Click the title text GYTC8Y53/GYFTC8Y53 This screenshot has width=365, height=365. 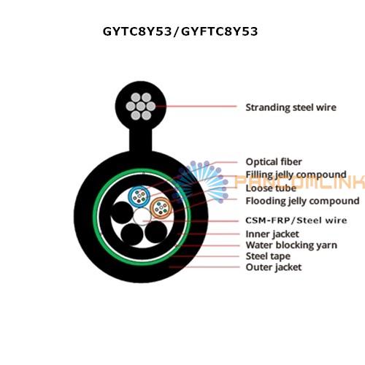click(180, 31)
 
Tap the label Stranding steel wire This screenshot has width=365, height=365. click(291, 107)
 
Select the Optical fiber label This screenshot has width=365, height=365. click(274, 162)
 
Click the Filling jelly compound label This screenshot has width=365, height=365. click(296, 174)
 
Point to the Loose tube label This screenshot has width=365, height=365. click(271, 188)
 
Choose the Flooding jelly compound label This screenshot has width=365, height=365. click(302, 201)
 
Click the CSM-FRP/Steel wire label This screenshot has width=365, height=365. click(296, 220)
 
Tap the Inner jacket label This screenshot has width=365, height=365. click(272, 234)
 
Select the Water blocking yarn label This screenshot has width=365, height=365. click(291, 245)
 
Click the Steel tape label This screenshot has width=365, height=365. click(268, 256)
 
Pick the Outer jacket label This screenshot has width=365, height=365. click(274, 267)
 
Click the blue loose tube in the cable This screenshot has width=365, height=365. click(139, 196)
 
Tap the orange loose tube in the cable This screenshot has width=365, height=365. click(161, 208)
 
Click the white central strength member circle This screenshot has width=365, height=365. click(142, 217)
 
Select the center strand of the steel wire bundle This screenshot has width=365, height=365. click(141, 107)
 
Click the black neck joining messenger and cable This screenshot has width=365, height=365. click(141, 140)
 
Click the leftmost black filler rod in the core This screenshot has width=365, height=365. click(122, 212)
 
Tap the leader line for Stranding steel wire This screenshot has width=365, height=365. click(196, 107)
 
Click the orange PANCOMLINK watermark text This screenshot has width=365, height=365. click(300, 182)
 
